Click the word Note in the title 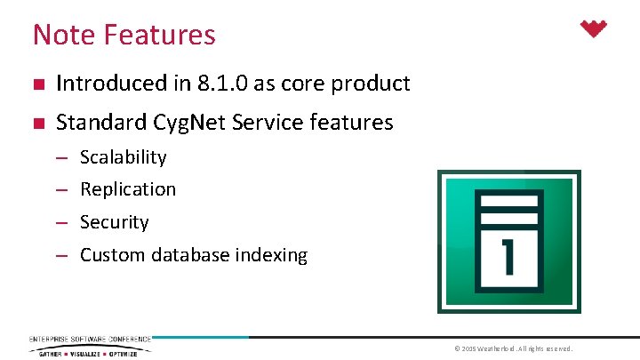64,35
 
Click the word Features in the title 159,35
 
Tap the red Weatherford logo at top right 593,29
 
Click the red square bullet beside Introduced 36,85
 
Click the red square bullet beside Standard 36,124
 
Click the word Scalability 123,157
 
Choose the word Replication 128,189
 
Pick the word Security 114,222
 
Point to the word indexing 271,255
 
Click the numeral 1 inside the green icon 509,255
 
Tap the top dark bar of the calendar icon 508,198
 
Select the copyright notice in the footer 514,348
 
